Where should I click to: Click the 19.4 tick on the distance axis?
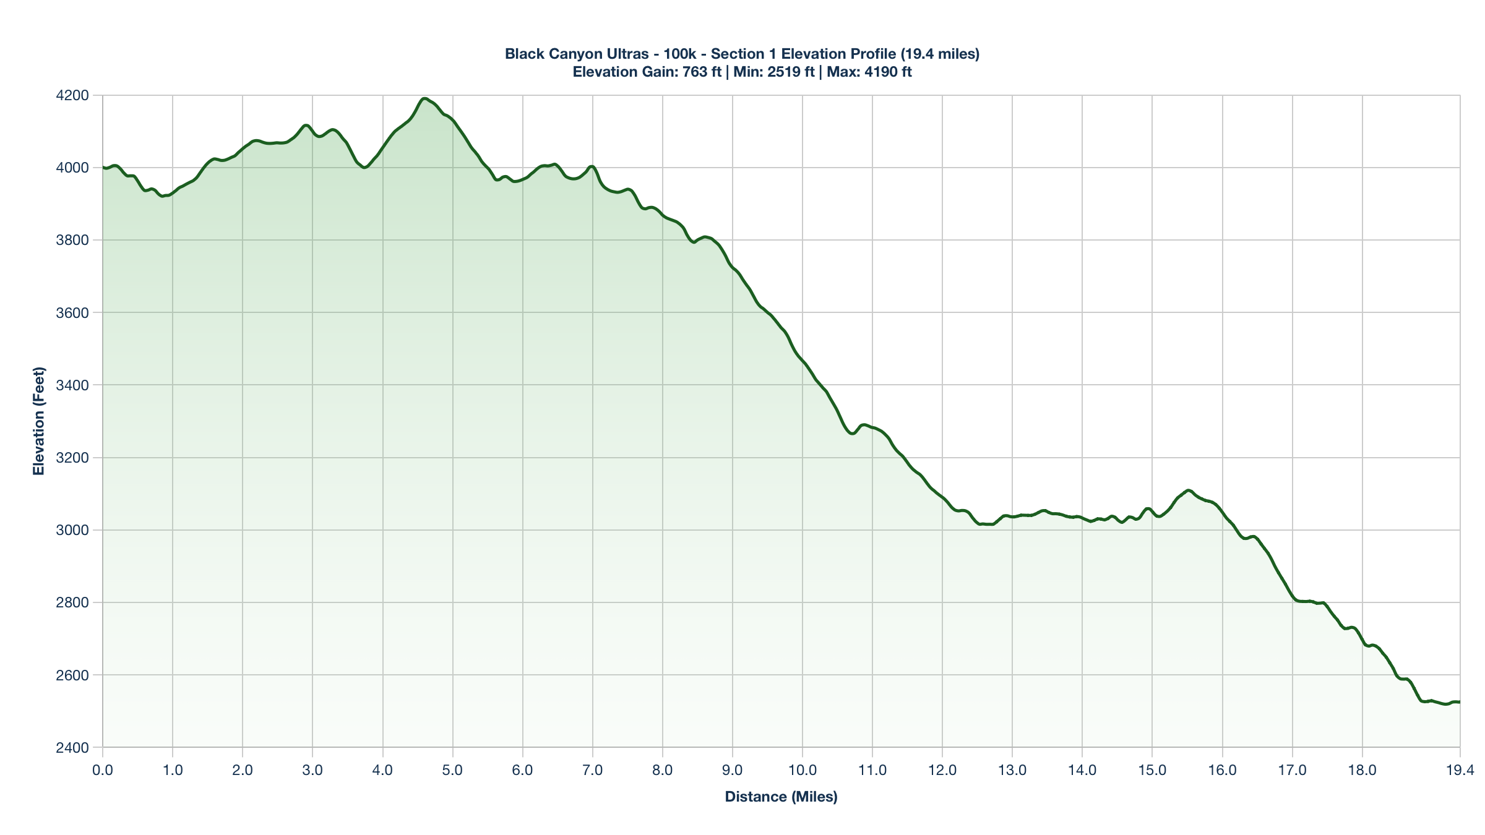click(x=1460, y=771)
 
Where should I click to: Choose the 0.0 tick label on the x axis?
click(x=103, y=771)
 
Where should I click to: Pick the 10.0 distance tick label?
click(x=803, y=771)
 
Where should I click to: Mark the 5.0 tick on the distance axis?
click(x=453, y=771)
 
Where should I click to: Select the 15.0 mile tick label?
click(x=1152, y=771)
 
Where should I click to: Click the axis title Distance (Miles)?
click(x=781, y=797)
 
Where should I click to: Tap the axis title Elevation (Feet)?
click(x=39, y=421)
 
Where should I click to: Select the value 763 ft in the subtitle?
click(x=702, y=72)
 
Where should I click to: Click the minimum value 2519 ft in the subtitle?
click(x=791, y=72)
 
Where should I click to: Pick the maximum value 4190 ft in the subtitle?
click(x=887, y=72)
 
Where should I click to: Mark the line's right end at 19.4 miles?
click(x=1459, y=702)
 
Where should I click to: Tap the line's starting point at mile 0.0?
click(x=103, y=168)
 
